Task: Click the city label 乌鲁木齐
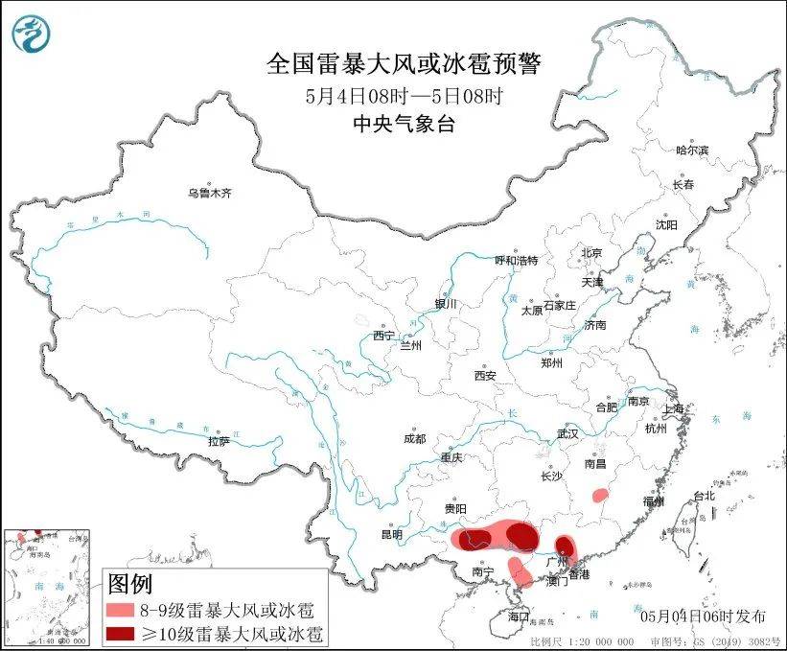click(209, 193)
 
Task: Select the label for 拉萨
click(219, 442)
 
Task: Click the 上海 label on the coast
click(675, 409)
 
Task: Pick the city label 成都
click(414, 439)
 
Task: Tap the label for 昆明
click(391, 534)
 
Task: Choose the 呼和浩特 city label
click(516, 261)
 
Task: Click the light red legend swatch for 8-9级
click(119, 610)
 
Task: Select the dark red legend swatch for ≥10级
click(119, 634)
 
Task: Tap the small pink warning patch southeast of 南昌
click(600, 496)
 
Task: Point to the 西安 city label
click(484, 377)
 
